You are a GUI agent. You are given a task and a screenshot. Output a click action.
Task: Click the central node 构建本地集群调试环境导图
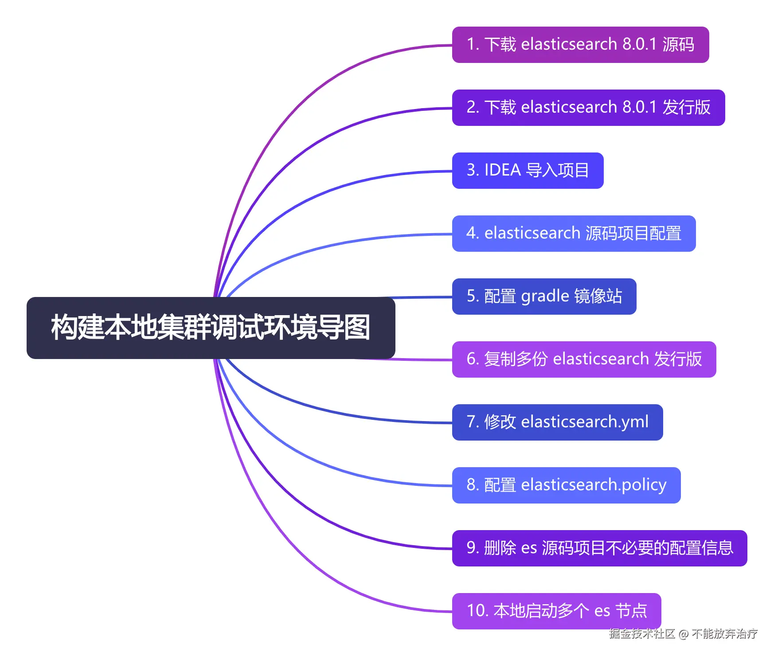pos(211,328)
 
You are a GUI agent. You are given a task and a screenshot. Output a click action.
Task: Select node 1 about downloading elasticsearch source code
pos(580,45)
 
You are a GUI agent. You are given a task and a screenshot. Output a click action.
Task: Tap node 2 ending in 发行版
pos(588,108)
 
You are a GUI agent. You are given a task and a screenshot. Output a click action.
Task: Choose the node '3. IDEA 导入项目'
pos(528,171)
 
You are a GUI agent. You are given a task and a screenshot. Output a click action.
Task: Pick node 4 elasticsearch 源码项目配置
pos(574,234)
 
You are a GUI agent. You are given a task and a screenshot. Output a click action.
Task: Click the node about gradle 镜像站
pos(544,297)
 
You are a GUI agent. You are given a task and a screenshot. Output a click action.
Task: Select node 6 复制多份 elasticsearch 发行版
pos(584,359)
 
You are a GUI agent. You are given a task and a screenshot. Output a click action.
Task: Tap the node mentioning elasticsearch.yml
pos(557,422)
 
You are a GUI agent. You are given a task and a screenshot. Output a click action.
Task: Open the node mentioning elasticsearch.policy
pos(566,485)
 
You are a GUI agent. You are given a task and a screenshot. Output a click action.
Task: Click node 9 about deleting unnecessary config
pos(599,548)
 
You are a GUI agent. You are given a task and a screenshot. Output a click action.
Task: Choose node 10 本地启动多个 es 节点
pos(556,611)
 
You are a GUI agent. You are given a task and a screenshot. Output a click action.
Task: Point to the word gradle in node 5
pos(545,297)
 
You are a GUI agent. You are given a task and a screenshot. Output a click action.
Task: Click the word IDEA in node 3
pos(502,171)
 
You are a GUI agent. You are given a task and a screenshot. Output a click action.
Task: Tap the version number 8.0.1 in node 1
pos(639,45)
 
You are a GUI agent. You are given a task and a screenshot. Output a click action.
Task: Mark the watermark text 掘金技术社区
pos(641,634)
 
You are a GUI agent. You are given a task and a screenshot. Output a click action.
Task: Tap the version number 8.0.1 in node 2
pos(639,108)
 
